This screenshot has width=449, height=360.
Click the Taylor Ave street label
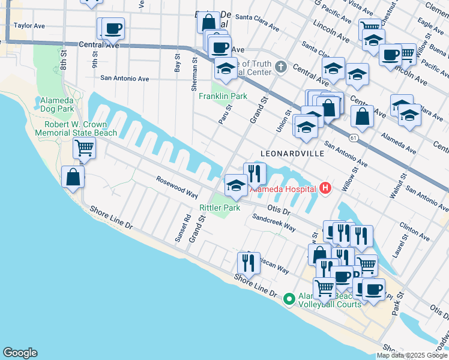(x=30, y=26)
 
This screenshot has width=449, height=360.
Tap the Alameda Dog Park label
(x=56, y=104)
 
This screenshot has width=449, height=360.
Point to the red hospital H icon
(x=325, y=189)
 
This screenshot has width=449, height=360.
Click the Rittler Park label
(x=220, y=208)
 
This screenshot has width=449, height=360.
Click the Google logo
(x=20, y=353)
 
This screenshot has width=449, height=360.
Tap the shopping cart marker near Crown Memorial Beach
(x=84, y=147)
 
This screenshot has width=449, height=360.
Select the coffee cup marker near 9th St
(x=112, y=28)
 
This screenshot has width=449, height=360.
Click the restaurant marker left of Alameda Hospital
(x=255, y=173)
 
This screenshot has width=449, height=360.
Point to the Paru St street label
(x=226, y=113)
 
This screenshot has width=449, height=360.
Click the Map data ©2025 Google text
(x=412, y=355)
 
